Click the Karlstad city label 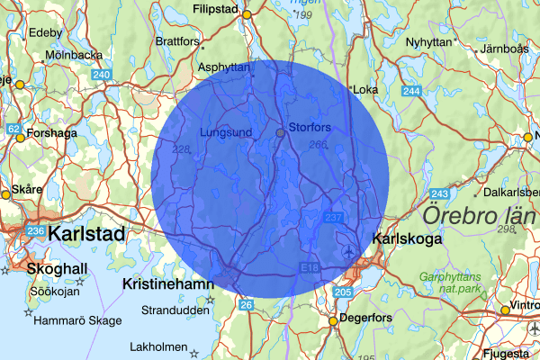pyautogui.click(x=86, y=234)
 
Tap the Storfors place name pyautogui.click(x=310, y=127)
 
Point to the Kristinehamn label pyautogui.click(x=168, y=283)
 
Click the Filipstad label pyautogui.click(x=220, y=11)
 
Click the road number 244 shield pyautogui.click(x=412, y=92)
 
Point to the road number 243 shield pyautogui.click(x=440, y=194)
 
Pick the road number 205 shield pyautogui.click(x=342, y=293)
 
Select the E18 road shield pyautogui.click(x=308, y=269)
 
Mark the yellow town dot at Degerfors pyautogui.click(x=332, y=320)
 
